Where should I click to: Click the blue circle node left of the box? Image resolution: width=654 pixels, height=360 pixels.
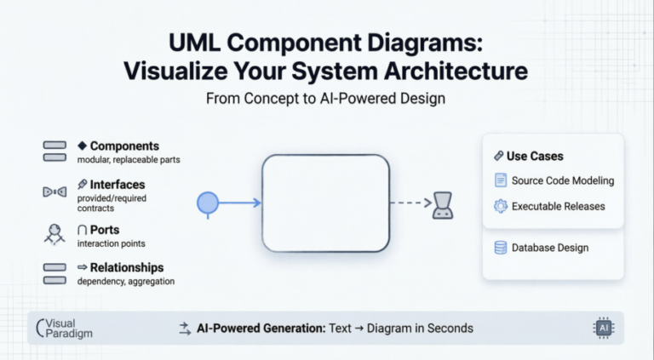pos(209,203)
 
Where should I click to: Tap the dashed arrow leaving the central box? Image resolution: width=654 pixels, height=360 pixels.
pos(410,203)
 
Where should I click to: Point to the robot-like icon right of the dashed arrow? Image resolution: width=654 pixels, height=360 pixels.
pos(442,204)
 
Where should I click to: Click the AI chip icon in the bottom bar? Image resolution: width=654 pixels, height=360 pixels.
pos(603,328)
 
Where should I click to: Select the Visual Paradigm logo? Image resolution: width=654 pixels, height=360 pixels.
pos(64,329)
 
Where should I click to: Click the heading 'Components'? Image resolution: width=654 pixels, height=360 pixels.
pos(124,146)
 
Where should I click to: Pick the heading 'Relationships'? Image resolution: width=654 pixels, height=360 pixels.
pos(127,267)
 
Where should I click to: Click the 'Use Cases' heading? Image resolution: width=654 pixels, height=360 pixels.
pos(535,157)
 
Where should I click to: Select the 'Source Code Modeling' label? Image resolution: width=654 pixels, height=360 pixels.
pos(563,180)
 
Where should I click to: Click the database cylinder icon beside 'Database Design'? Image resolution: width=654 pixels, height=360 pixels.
pos(501,248)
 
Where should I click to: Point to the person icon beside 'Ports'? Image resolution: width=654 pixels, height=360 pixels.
pos(54,233)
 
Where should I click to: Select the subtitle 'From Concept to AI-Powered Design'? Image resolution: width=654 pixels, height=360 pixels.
pos(326,98)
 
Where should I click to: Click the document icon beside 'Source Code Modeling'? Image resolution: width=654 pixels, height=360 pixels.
pos(501,180)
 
